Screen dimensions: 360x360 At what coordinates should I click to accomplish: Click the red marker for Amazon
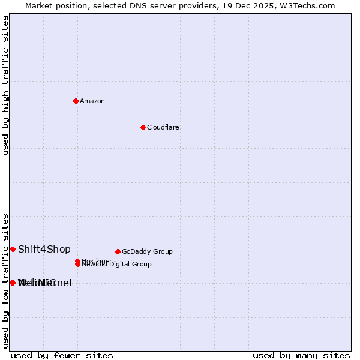(x=76, y=101)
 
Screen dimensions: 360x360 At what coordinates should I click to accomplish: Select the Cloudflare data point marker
(x=143, y=127)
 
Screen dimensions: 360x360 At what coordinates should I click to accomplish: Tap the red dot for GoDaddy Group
(x=118, y=251)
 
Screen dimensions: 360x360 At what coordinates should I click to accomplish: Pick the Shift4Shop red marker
(x=13, y=249)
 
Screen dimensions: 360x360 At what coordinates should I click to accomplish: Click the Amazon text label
(x=92, y=101)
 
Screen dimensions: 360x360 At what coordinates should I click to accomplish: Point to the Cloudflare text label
(x=163, y=127)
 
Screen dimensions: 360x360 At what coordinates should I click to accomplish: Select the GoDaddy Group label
(x=147, y=251)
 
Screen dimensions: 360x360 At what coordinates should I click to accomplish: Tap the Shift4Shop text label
(x=44, y=249)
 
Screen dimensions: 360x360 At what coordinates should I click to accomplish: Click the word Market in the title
(x=38, y=5)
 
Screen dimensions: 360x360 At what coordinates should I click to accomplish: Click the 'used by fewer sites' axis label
(x=62, y=355)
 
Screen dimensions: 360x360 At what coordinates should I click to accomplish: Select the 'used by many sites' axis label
(x=301, y=355)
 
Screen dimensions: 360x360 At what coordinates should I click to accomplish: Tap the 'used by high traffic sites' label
(x=5, y=85)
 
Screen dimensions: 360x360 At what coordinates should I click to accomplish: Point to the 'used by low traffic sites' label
(x=5, y=280)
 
